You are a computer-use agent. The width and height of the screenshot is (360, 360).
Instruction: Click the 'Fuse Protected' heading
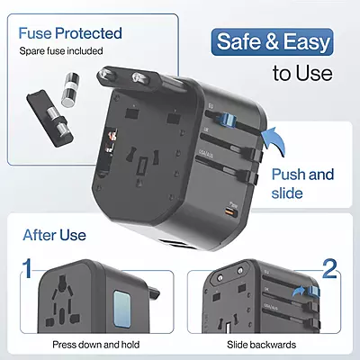point(69,33)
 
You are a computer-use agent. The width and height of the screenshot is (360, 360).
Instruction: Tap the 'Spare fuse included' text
point(62,51)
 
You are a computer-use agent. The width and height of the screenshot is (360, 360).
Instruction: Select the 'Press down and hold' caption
point(94,345)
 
